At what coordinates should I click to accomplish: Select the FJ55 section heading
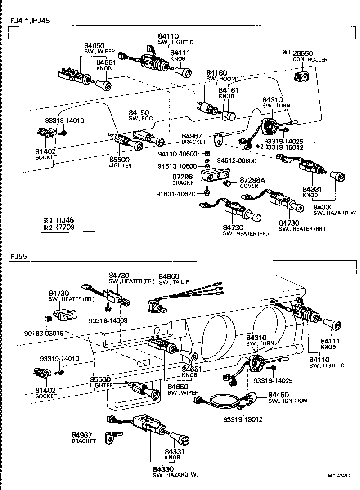point(19,257)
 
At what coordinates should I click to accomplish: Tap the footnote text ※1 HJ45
point(58,220)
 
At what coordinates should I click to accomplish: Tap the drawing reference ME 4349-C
point(339,475)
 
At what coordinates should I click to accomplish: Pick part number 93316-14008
point(108,321)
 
